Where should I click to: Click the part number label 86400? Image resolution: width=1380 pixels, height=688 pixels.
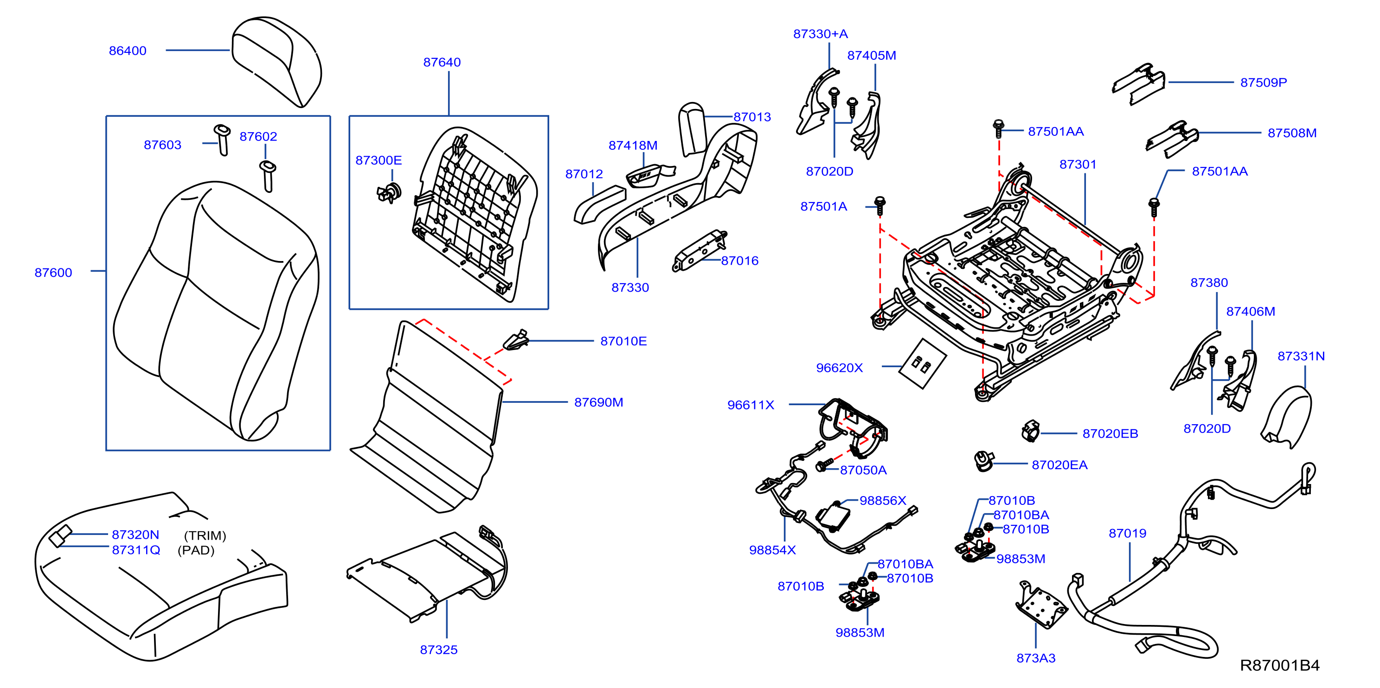(x=128, y=51)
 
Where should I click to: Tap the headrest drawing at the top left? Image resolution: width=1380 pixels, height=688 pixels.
(x=276, y=61)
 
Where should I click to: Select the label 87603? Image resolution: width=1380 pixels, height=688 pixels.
(x=162, y=145)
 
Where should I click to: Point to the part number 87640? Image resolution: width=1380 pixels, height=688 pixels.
(x=442, y=63)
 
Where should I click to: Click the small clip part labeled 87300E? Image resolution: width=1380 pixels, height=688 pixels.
(x=390, y=192)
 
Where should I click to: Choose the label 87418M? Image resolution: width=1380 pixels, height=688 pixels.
(x=633, y=146)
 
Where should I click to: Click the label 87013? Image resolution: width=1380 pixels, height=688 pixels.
(x=752, y=117)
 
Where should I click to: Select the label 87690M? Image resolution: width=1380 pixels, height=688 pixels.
(x=598, y=402)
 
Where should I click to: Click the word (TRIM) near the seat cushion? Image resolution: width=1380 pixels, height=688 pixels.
(x=205, y=536)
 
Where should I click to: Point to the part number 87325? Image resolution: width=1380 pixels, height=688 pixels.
(x=439, y=650)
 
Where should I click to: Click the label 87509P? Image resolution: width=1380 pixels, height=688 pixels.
(x=1263, y=83)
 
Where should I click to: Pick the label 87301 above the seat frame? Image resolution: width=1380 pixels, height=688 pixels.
(x=1078, y=165)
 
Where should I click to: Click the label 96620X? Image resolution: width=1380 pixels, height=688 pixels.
(x=840, y=369)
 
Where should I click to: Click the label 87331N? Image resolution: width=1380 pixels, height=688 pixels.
(x=1301, y=357)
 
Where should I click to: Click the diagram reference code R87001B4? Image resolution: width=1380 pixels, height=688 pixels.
(x=1280, y=665)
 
